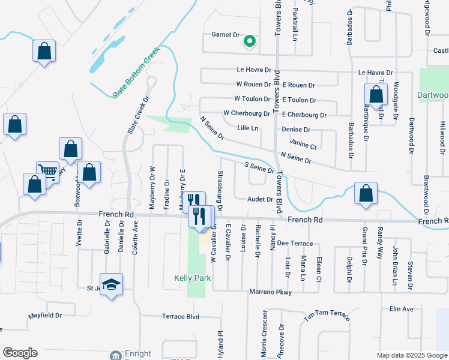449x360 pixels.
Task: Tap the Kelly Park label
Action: pos(192,278)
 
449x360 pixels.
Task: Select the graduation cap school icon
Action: pos(111,285)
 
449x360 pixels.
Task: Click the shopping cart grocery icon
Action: pos(47,173)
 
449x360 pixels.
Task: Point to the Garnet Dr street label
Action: pos(225,35)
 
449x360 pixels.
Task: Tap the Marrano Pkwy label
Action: pos(270,292)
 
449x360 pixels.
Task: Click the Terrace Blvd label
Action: pos(180,316)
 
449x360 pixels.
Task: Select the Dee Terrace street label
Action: pos(295,243)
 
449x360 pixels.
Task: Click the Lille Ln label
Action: pos(247,128)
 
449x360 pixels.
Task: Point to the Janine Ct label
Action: pos(303,145)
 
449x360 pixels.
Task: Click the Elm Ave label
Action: pos(402,309)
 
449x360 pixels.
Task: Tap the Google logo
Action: pos(20,353)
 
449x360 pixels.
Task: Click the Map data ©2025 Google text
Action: pos(411,355)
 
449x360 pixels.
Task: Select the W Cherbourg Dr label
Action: pos(246,113)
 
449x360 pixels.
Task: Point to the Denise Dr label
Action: pos(295,130)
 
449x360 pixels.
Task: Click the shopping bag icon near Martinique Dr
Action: pos(376,94)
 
